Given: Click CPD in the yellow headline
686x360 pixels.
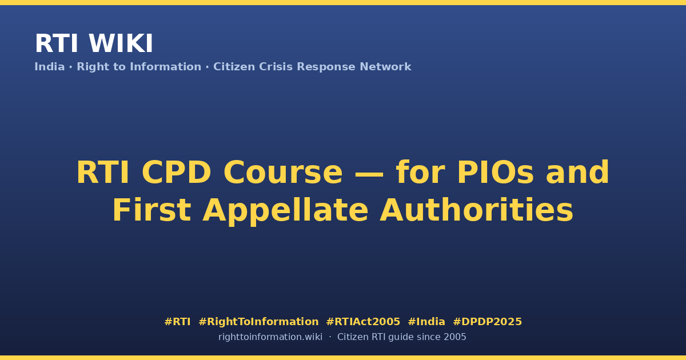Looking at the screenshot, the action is (x=177, y=173).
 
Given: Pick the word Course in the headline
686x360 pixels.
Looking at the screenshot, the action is (x=283, y=173).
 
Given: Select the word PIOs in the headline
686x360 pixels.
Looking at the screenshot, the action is (x=495, y=173).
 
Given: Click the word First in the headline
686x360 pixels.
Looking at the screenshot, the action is (x=152, y=210).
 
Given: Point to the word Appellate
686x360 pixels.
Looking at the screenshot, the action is (x=285, y=212).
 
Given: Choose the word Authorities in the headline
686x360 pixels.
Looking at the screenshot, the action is (x=476, y=210).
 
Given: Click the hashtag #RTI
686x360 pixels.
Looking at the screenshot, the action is (x=177, y=322).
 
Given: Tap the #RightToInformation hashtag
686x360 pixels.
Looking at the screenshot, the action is (x=258, y=322).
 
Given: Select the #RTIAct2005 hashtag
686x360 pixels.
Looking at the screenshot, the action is (x=363, y=322).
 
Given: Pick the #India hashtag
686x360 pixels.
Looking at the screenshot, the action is (x=426, y=322).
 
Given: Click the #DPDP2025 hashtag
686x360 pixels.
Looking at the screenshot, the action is (x=487, y=322).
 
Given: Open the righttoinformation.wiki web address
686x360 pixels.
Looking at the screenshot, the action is (x=270, y=337).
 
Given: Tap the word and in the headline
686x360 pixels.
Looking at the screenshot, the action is (x=577, y=173).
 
